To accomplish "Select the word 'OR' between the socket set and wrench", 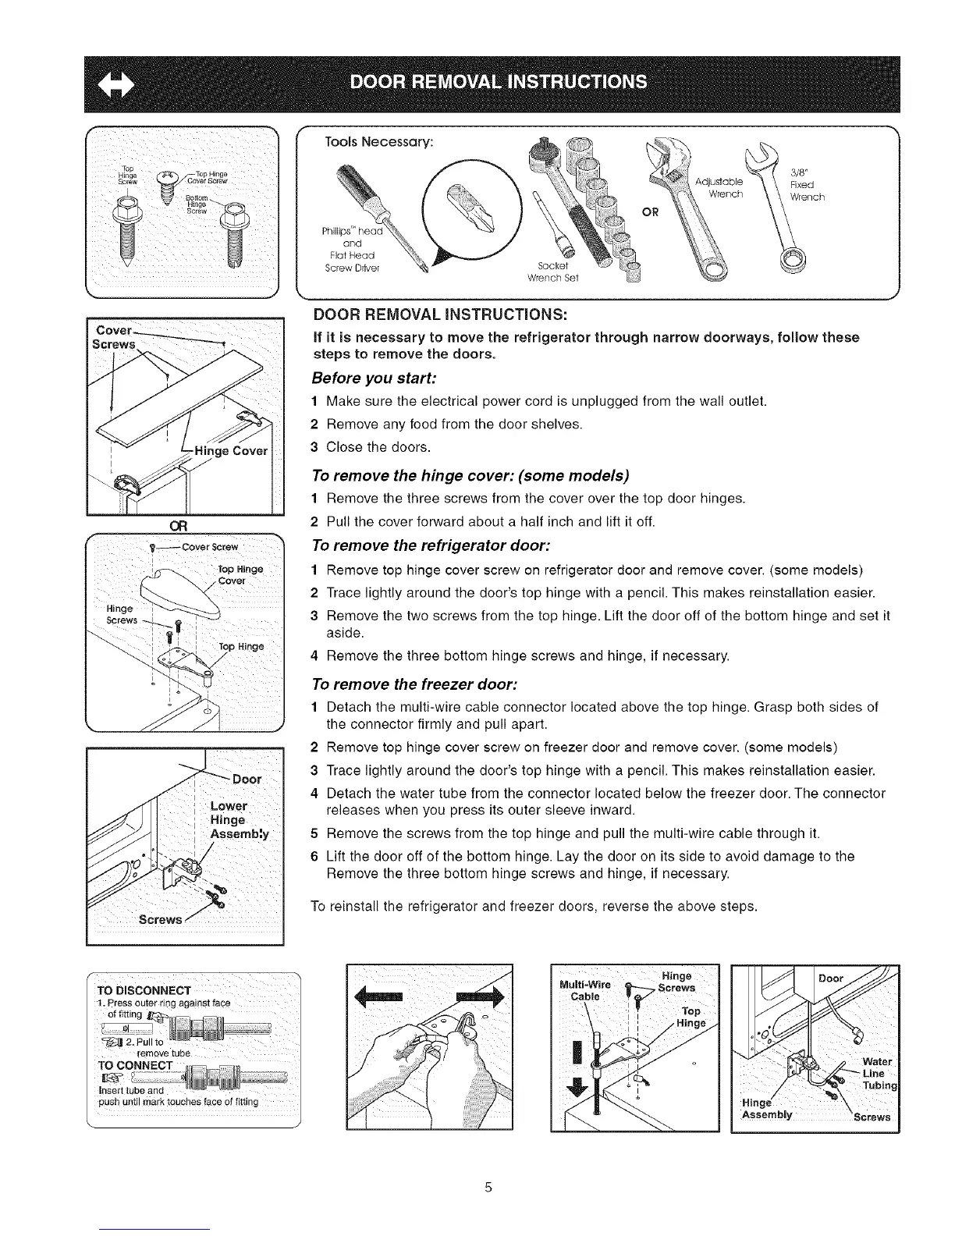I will (651, 211).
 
